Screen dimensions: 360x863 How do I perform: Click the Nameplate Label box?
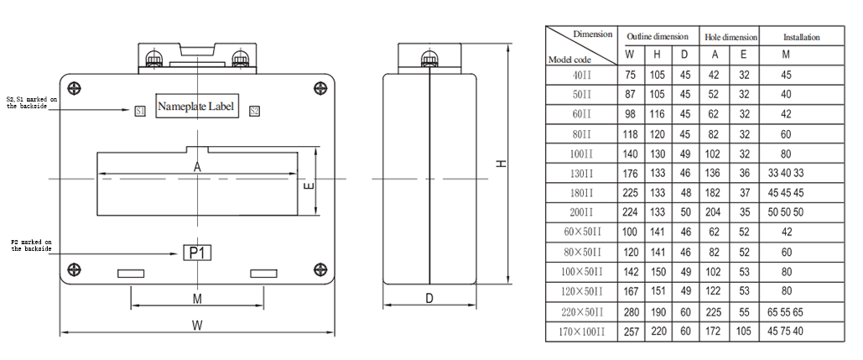point(197,107)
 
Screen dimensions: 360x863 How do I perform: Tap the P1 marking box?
point(197,253)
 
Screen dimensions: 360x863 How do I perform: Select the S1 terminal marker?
point(140,111)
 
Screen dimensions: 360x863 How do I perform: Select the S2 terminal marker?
point(254,111)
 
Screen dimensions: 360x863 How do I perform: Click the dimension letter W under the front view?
point(197,324)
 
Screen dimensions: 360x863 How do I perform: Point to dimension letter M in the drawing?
point(197,298)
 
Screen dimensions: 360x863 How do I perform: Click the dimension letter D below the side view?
point(429,298)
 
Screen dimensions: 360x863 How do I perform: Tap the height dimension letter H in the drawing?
point(501,165)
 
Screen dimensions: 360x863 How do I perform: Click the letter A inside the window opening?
point(197,167)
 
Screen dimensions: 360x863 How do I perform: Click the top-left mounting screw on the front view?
point(75,89)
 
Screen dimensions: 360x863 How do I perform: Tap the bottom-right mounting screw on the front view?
point(319,269)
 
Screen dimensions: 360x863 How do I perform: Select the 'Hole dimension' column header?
point(730,37)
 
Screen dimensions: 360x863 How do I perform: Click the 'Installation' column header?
point(801,37)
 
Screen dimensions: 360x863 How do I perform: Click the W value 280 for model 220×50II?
point(631,311)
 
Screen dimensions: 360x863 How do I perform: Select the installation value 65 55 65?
point(786,311)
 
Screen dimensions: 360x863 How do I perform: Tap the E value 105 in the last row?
point(744,331)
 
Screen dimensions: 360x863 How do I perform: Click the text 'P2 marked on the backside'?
point(32,245)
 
